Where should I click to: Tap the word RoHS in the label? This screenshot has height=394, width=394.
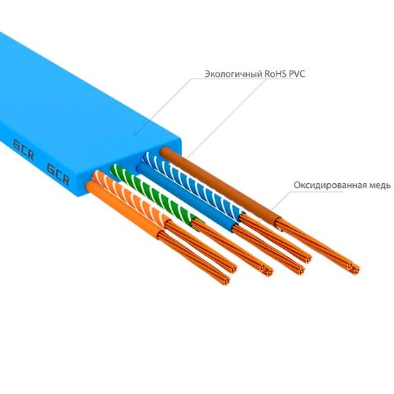click(x=275, y=74)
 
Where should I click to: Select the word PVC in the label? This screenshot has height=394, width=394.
click(x=297, y=74)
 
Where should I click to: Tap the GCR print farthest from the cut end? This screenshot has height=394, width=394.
click(x=23, y=150)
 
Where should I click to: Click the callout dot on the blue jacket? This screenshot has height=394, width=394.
click(x=135, y=134)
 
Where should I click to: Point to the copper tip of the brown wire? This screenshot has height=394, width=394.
click(x=355, y=269)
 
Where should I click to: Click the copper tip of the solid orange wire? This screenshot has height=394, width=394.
click(x=225, y=281)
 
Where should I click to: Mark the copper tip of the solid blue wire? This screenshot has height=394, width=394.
click(x=299, y=270)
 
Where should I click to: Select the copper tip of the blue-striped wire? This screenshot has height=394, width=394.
click(x=306, y=259)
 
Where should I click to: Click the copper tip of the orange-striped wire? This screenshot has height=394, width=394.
click(x=232, y=269)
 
